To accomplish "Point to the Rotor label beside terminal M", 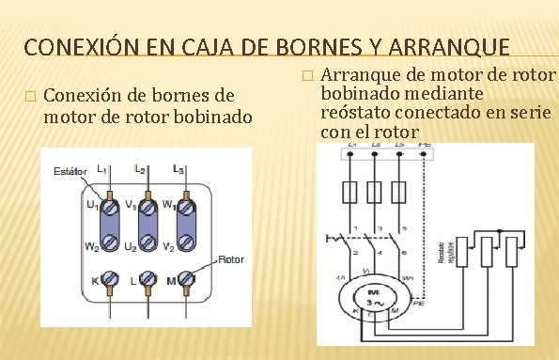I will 231,257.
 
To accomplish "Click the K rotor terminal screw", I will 109,279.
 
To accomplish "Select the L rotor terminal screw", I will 147,279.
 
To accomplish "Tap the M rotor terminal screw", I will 184,279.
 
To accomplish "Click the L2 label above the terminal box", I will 141,169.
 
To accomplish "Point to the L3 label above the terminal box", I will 179,169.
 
